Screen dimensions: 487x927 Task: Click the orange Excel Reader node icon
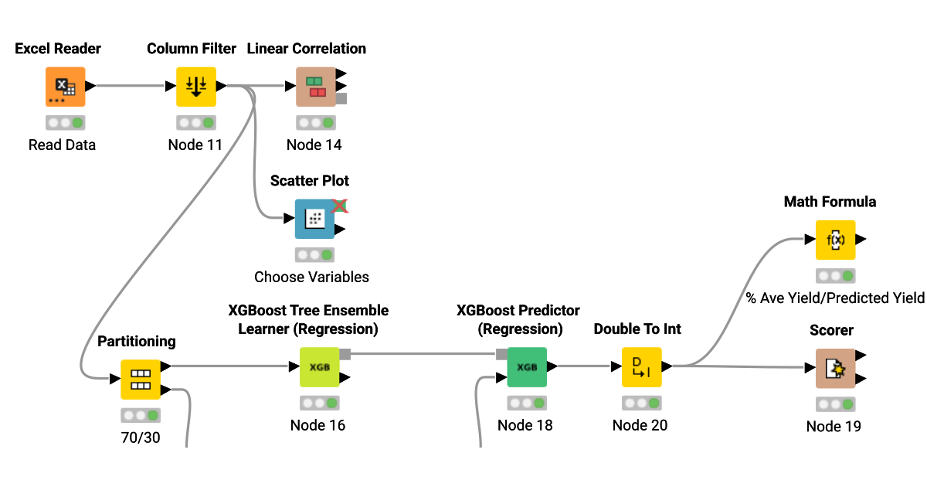(65, 87)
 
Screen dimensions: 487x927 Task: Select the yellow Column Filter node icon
(196, 87)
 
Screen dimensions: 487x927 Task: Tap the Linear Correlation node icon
(316, 87)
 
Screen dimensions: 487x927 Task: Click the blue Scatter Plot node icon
(315, 219)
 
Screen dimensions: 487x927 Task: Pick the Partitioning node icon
(141, 379)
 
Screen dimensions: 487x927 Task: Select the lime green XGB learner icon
(319, 367)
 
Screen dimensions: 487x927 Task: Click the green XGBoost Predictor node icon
(527, 367)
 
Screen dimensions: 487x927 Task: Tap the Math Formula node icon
(835, 240)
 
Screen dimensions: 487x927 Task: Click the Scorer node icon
(835, 368)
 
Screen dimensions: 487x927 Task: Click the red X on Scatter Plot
(340, 206)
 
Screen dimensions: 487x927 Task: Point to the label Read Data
(62, 145)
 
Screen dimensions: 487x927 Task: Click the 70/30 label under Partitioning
(140, 436)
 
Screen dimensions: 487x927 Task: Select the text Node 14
(314, 145)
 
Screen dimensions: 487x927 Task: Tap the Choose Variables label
(311, 277)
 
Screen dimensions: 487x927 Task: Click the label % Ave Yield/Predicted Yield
(834, 298)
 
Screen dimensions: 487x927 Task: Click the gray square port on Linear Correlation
(341, 98)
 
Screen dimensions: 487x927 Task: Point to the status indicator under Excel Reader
(65, 123)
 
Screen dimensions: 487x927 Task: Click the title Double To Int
(637, 329)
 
